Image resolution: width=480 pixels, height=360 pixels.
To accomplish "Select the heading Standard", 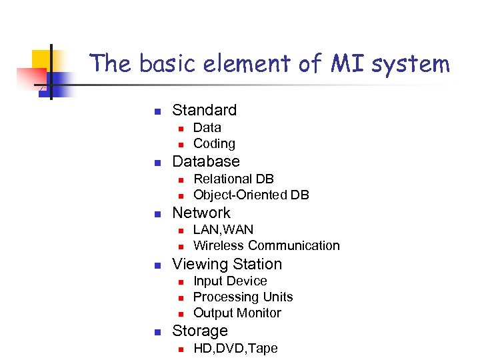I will tap(204, 110).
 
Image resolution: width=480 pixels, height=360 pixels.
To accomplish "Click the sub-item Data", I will tap(207, 127).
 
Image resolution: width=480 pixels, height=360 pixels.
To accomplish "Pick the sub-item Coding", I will tap(214, 143).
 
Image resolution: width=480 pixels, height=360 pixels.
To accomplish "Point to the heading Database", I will tap(206, 161).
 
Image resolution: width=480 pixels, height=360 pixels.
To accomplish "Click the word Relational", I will tap(221, 179).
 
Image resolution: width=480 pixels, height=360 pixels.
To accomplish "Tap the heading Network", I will tap(201, 213).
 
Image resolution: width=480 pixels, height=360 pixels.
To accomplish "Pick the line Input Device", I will tap(230, 281).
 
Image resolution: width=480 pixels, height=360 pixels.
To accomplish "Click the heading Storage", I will tap(200, 331).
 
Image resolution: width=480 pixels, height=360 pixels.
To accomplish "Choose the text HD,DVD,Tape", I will tap(235, 348).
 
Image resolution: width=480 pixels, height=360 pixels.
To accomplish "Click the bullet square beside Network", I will tap(157, 214).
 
